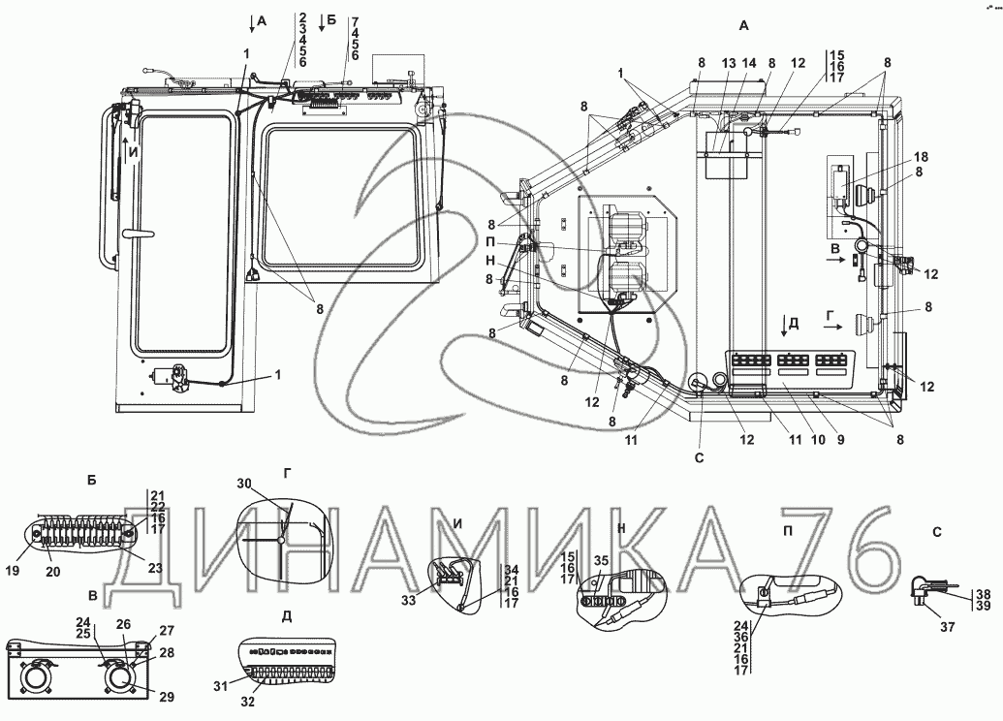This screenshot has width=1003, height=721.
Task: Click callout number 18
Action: coord(922,157)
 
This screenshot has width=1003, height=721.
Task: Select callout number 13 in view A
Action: coord(729,63)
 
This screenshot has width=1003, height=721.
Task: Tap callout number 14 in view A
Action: coord(749,63)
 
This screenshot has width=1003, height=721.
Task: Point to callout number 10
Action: coord(819,440)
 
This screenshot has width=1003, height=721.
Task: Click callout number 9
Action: coord(840,440)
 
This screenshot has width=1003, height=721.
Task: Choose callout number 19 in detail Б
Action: coord(13,571)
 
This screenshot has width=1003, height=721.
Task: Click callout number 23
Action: coord(155,568)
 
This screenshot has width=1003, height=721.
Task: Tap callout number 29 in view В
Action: coord(167,697)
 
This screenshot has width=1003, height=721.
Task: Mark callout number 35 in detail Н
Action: coord(601,561)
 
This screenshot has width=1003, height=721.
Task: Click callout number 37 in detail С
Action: coord(948,627)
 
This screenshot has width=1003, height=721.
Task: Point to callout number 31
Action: coord(220,686)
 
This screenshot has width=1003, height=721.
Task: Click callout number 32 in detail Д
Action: coord(247,702)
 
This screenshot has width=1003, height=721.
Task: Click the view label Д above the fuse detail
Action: coord(287,616)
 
